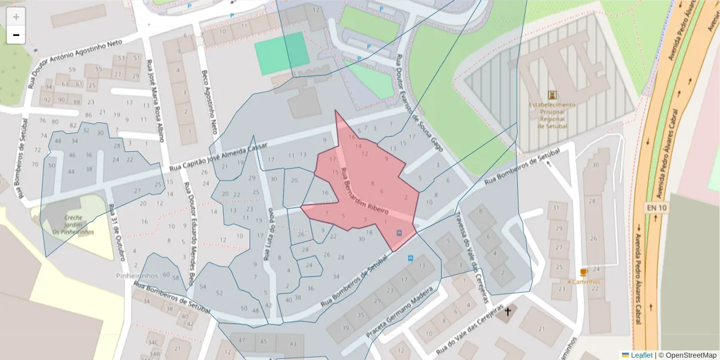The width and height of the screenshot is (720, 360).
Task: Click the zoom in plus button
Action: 16,16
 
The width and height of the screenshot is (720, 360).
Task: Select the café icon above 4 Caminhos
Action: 584,272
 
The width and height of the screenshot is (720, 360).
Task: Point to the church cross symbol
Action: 508,311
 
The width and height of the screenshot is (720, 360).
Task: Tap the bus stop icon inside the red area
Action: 400,233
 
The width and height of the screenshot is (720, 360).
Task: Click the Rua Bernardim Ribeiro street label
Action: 364,193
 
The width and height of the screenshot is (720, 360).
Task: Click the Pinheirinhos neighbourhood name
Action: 137,275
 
